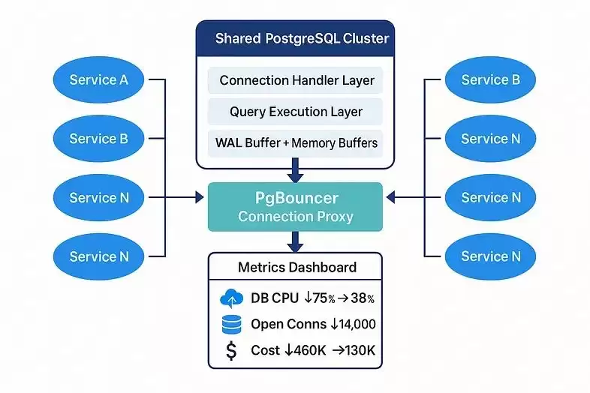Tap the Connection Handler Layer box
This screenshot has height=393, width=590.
pos(296,80)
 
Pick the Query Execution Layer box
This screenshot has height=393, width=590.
pos(296,112)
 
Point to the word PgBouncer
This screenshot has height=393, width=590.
pos(296,198)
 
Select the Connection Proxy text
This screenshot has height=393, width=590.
pos(296,217)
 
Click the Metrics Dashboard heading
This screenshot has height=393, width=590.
pos(296,267)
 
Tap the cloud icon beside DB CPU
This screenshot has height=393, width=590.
pos(231,298)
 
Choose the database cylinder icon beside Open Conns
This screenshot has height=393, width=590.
pos(231,325)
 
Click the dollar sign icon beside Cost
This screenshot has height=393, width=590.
pos(231,350)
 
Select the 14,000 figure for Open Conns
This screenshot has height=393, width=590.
pos(353,325)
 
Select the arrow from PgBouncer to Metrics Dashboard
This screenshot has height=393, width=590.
pos(296,241)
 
